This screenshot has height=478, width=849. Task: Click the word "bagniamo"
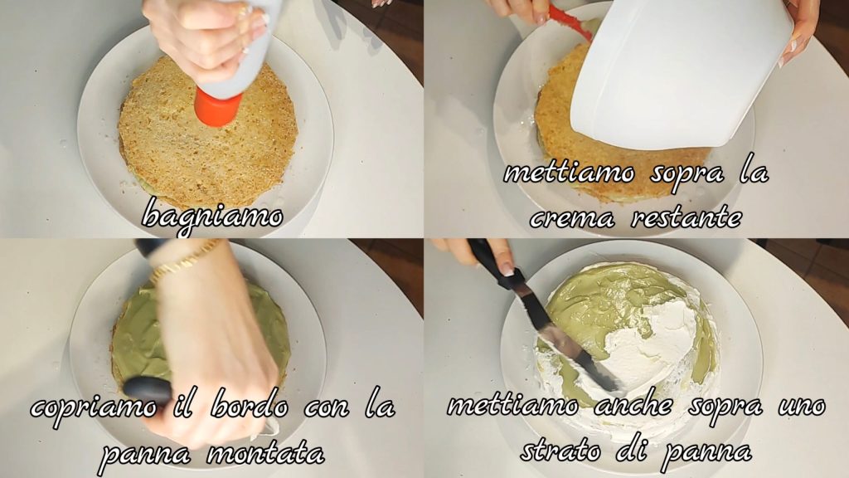tap(212, 217)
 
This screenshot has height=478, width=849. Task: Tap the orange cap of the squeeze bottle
tap(218, 107)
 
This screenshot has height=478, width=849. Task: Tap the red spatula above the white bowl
tap(570, 22)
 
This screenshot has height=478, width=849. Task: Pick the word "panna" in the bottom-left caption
tap(146, 454)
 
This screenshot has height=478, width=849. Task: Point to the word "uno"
tap(802, 407)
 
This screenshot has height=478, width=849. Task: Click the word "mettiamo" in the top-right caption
tap(568, 173)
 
